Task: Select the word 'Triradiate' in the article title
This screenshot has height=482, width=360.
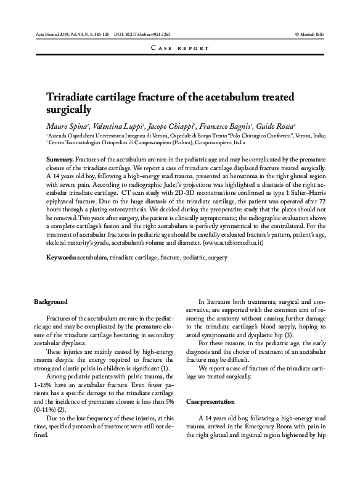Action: click(x=75, y=97)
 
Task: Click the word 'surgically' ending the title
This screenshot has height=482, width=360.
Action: click(x=68, y=111)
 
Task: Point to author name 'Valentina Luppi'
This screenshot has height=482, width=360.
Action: click(x=115, y=125)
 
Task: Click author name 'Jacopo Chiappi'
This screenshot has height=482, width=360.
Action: click(x=170, y=125)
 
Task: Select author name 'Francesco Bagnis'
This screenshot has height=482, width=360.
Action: click(x=225, y=125)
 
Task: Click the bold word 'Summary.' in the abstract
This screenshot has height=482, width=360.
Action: click(x=60, y=160)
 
